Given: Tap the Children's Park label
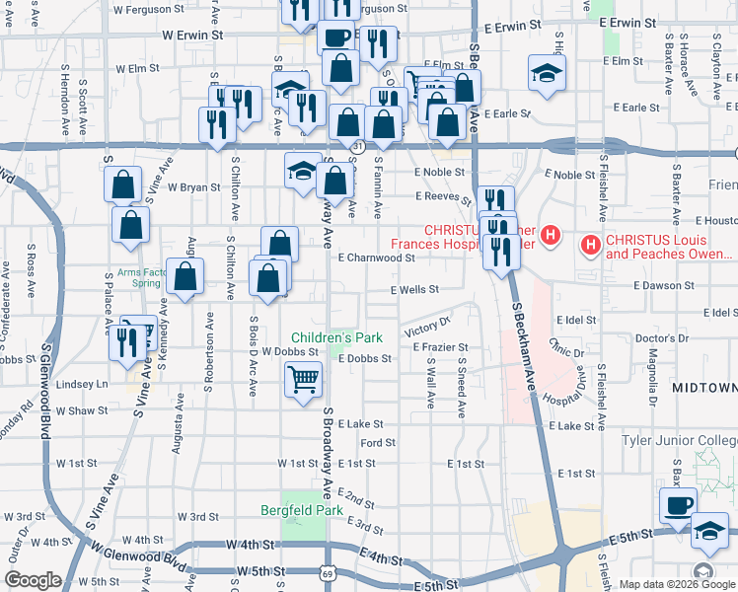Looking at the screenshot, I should pyautogui.click(x=334, y=338).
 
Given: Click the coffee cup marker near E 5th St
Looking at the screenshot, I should pyautogui.click(x=678, y=505).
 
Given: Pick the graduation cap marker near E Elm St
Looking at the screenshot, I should pyautogui.click(x=547, y=73).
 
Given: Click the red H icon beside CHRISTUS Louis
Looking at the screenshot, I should pyautogui.click(x=591, y=243).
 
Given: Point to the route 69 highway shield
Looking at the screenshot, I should pyautogui.click(x=327, y=573).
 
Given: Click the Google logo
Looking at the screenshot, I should pyautogui.click(x=33, y=580).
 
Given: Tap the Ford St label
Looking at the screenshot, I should pyautogui.click(x=378, y=443).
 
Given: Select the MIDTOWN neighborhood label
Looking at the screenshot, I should pyautogui.click(x=704, y=389).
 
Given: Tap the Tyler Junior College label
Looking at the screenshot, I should pyautogui.click(x=679, y=439).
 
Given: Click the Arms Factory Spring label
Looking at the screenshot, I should pyautogui.click(x=138, y=277).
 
